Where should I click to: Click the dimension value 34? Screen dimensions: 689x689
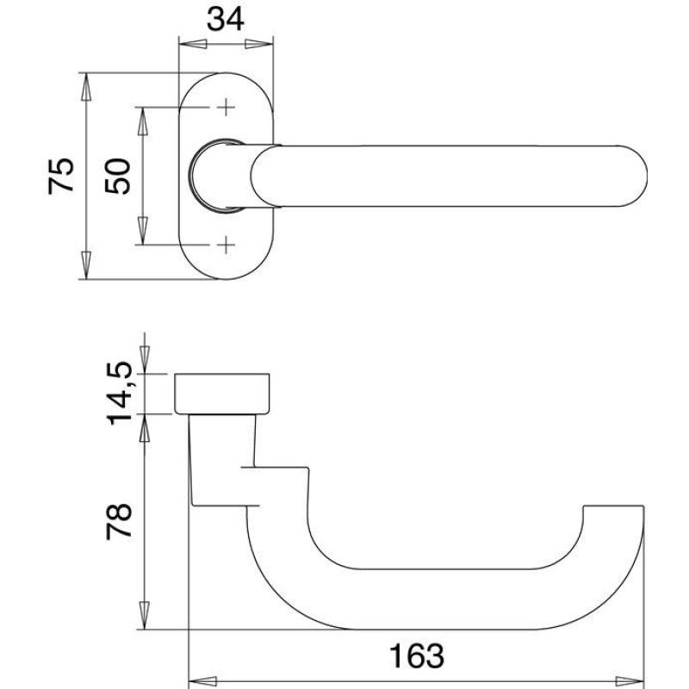226,20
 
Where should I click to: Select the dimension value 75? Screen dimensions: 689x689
61,176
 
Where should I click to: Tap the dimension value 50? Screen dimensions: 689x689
118,177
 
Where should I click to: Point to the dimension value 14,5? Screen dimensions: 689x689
119,394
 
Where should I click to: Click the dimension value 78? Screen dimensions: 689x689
119,522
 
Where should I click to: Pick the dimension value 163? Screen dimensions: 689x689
417,656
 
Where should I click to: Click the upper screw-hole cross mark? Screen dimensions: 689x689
226,107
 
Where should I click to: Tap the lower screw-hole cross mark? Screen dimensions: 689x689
226,245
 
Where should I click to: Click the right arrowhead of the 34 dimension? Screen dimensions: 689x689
259,45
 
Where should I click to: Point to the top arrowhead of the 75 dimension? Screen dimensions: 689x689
86,87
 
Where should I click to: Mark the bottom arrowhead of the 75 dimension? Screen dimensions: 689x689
86,265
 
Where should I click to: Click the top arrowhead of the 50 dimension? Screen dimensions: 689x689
142,121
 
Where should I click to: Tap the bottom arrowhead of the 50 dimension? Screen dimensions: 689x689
142,230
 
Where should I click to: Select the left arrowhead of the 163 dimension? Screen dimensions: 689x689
202,681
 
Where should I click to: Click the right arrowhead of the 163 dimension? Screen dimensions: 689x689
630,681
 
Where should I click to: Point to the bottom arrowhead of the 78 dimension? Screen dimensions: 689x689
145,615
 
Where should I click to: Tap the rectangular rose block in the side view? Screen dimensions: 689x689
222,394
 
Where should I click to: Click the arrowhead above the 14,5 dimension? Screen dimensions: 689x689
145,359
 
